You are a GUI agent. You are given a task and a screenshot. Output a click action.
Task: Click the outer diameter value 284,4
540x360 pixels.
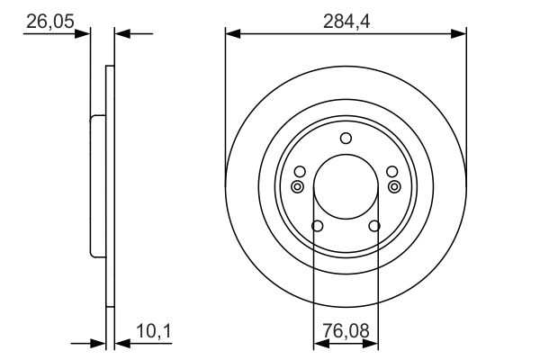click(x=346, y=19)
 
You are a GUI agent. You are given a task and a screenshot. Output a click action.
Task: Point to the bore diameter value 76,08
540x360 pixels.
click(x=346, y=332)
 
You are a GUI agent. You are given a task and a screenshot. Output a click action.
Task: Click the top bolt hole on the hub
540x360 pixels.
click(x=346, y=139)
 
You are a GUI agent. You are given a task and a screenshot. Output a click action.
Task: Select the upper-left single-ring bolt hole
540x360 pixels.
click(x=301, y=172)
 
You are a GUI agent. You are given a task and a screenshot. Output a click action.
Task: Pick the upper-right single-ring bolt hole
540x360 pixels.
click(x=391, y=172)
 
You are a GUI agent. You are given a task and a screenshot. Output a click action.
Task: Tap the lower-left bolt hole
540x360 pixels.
click(x=317, y=225)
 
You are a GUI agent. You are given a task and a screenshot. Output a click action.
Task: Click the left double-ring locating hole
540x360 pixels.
click(x=297, y=186)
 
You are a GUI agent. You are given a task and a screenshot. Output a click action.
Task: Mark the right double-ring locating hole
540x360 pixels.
click(x=394, y=186)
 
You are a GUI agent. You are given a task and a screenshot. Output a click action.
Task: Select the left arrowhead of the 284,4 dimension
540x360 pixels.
click(x=232, y=33)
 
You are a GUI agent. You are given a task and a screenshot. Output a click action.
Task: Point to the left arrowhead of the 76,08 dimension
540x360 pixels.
click(x=319, y=343)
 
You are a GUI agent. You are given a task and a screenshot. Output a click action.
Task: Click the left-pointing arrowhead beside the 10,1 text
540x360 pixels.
click(x=122, y=343)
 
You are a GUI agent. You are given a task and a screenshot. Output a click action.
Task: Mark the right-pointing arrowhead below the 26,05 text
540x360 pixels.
click(x=85, y=33)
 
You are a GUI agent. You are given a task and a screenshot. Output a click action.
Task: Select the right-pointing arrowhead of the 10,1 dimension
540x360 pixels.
click(x=100, y=343)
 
